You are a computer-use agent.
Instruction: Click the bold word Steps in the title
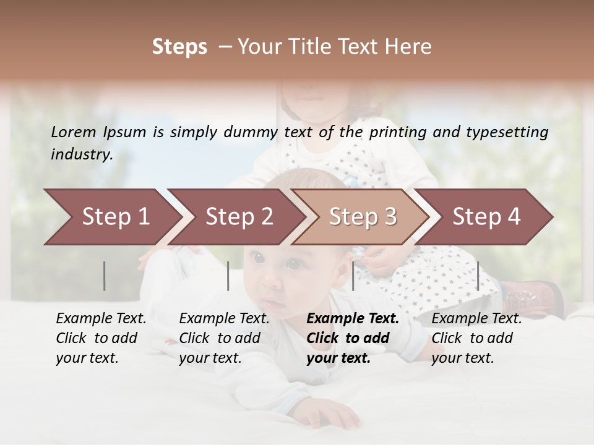179,47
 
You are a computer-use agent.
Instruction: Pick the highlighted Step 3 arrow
362,216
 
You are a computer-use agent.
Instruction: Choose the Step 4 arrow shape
486,216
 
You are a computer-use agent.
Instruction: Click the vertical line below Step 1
105,276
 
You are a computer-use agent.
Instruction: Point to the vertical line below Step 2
228,276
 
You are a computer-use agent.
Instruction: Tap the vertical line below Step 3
353,276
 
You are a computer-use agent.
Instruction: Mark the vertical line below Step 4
478,276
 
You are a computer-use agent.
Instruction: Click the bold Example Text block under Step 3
353,338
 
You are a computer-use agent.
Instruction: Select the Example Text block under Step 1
101,338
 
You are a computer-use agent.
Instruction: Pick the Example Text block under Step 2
224,338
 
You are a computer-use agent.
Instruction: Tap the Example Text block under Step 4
476,338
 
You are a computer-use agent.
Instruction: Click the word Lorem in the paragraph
74,132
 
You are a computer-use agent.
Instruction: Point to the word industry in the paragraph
81,154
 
